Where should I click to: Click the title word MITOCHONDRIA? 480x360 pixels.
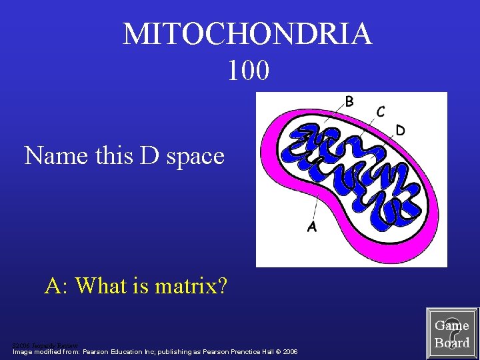click(x=247, y=34)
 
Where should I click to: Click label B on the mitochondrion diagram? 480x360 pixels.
click(x=349, y=102)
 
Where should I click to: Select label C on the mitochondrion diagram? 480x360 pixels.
click(x=380, y=112)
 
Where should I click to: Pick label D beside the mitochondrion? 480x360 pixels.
click(x=401, y=129)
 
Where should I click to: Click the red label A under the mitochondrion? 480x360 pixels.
click(x=311, y=227)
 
